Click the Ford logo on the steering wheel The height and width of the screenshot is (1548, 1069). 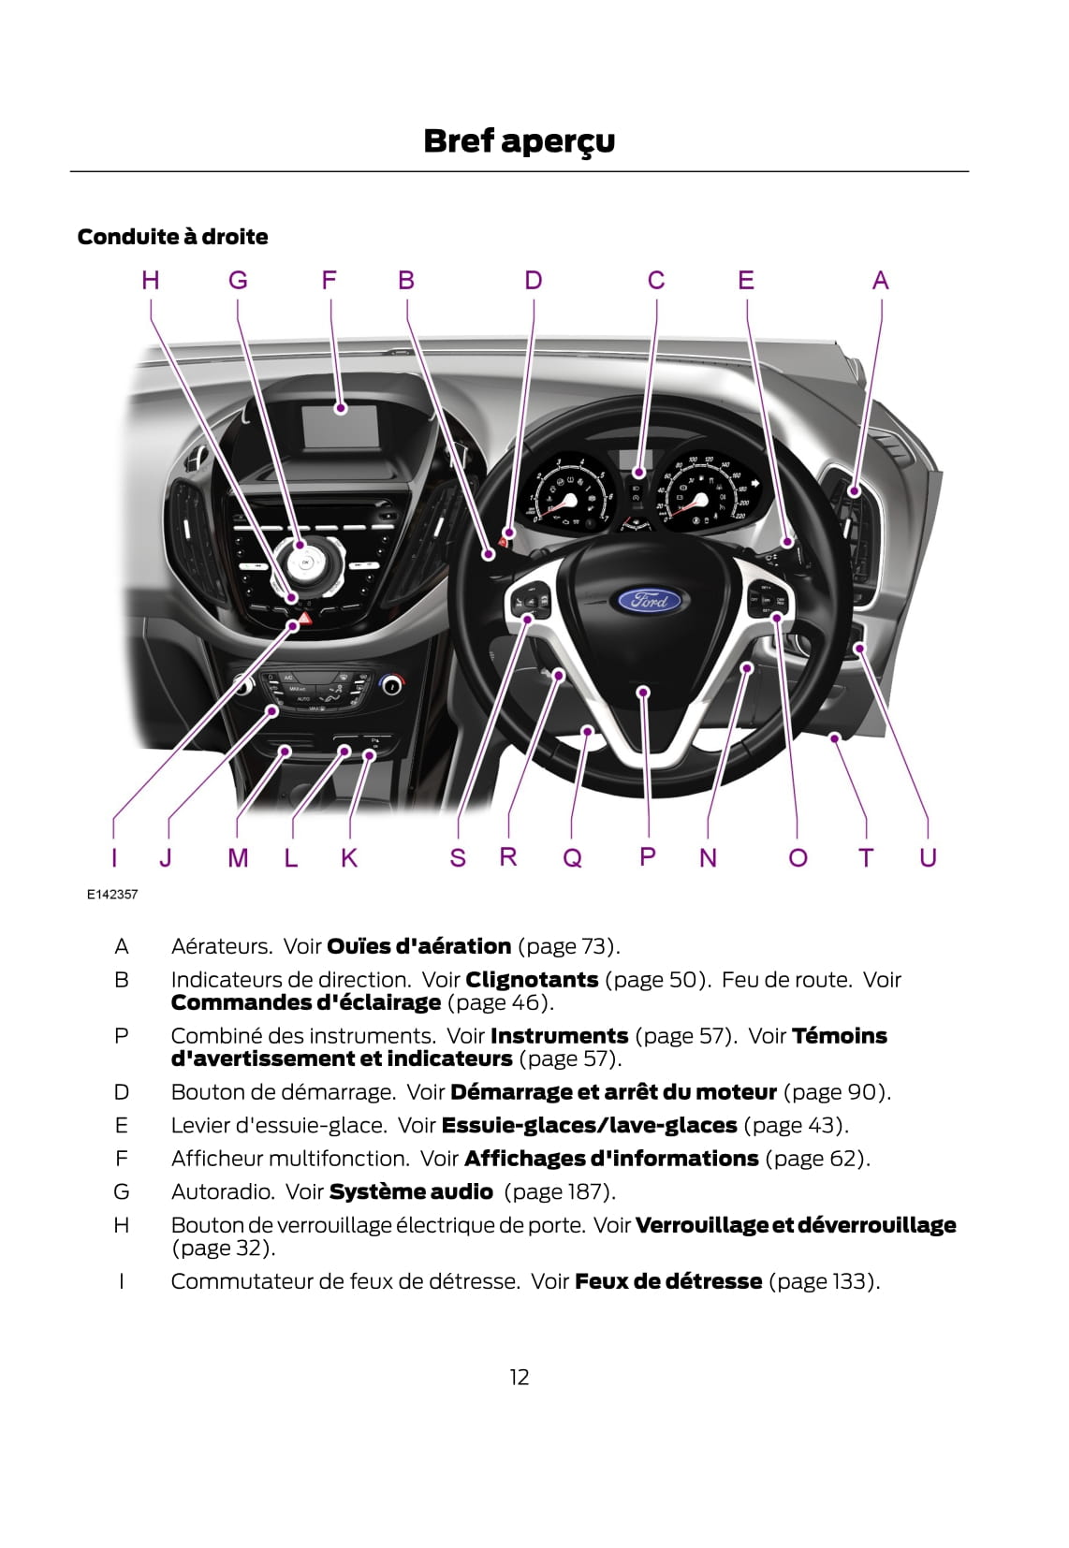click(x=649, y=599)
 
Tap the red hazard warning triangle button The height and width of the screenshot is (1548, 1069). click(x=305, y=617)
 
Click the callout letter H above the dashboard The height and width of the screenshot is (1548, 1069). click(x=150, y=280)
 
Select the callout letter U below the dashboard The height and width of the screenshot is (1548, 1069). click(x=928, y=857)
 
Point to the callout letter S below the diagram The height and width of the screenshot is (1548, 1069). click(x=458, y=857)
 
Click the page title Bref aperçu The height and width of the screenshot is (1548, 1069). click(x=519, y=141)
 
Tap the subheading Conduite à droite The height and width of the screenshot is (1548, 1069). click(x=173, y=237)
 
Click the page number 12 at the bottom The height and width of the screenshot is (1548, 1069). click(x=520, y=1377)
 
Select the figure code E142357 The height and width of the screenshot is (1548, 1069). click(x=112, y=894)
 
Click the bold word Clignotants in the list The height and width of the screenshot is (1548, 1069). click(x=532, y=979)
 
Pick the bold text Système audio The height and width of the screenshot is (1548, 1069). click(x=411, y=1191)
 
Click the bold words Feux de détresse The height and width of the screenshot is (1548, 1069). click(x=668, y=1280)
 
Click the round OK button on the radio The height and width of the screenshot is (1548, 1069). click(x=305, y=562)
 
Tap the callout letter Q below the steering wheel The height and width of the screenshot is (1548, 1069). click(x=572, y=857)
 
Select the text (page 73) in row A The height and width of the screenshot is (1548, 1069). click(x=569, y=946)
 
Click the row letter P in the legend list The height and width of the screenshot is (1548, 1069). click(x=122, y=1036)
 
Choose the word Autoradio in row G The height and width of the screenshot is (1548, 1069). click(x=223, y=1191)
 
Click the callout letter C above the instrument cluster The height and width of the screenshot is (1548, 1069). click(x=656, y=280)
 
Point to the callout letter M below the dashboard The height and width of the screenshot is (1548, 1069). click(x=238, y=857)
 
